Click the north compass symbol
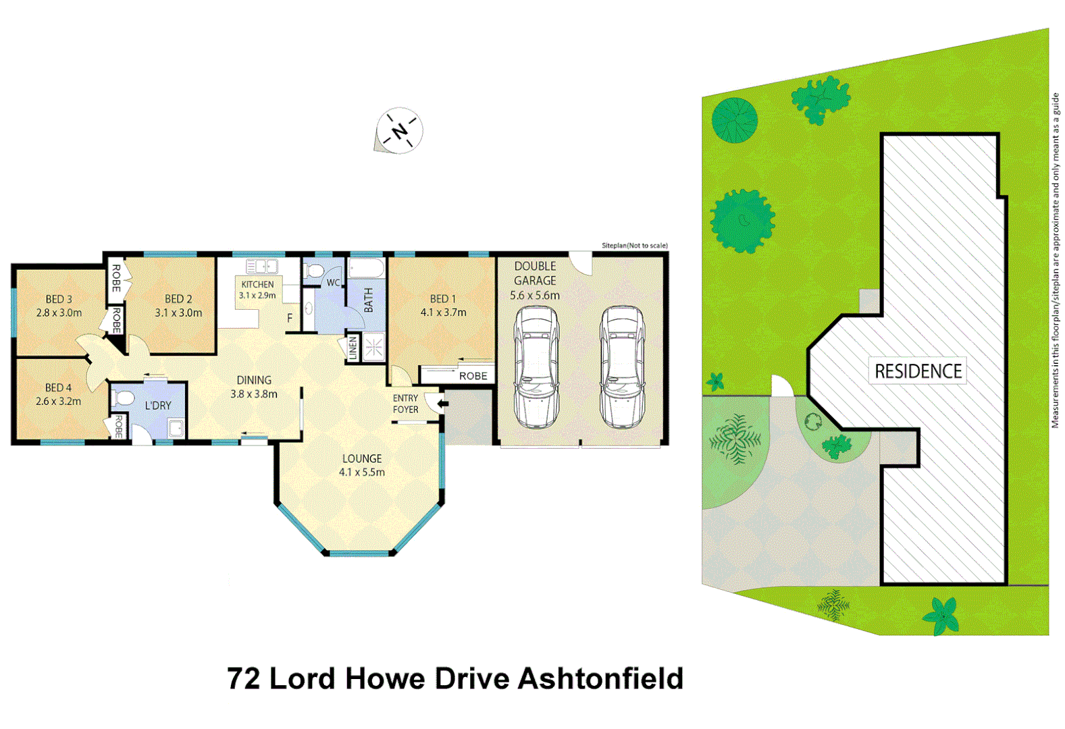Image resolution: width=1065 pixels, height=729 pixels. pos(399,130)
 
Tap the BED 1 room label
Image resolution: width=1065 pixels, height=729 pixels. pos(443,298)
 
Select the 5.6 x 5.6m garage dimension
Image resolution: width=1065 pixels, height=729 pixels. pos(534,296)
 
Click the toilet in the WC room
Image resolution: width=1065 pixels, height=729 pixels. pos(313,271)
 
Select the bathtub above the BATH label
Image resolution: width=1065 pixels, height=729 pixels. pos(367,270)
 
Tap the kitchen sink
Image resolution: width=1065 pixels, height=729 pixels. pos(261,267)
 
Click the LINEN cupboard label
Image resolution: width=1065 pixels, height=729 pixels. pos(353,348)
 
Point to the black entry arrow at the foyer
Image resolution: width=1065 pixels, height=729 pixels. pos(440,404)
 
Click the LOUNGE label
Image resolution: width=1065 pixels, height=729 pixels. pos(361,458)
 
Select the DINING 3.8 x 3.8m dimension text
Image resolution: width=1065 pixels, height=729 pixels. pos(254,394)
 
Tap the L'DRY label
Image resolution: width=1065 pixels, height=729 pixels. pos(158,406)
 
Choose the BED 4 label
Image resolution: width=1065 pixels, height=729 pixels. pos(58,387)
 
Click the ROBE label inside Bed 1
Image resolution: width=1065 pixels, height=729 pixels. pos(473,376)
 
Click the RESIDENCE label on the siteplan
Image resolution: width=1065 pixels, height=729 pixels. pos(918,371)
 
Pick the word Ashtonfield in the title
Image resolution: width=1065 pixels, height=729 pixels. pos(600,679)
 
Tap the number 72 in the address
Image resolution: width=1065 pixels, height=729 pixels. pos(243,679)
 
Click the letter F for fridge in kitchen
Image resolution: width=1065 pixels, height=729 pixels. pos(290,318)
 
